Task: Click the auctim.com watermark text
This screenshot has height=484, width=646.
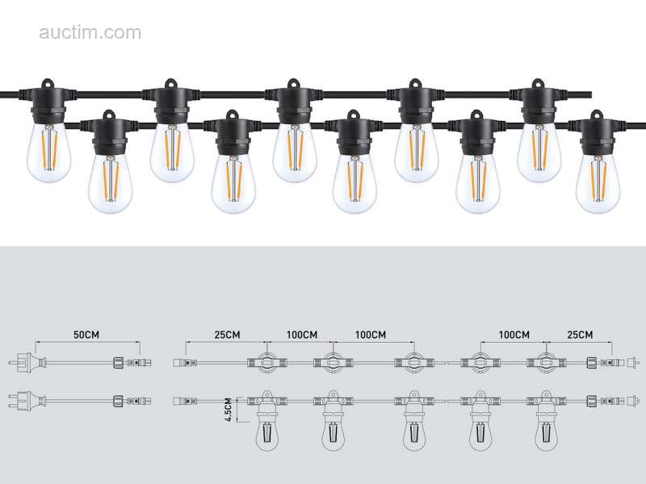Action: (x=90, y=32)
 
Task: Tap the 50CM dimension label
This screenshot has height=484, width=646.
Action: (x=86, y=335)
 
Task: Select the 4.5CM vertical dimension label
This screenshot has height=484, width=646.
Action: (x=229, y=410)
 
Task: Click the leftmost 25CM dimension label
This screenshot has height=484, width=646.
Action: (x=227, y=335)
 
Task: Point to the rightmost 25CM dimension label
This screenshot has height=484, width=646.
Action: (x=580, y=335)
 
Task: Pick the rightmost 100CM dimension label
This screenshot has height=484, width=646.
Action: (x=514, y=335)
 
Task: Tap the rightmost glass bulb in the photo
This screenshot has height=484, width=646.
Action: (x=598, y=183)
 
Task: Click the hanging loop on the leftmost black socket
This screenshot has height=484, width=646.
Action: (x=48, y=84)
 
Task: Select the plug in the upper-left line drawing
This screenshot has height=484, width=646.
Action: (x=27, y=363)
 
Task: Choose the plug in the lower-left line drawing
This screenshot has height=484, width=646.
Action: (x=27, y=400)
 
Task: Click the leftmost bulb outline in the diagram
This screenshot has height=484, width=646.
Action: (x=267, y=430)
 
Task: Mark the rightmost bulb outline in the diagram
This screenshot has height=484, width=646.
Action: (x=546, y=430)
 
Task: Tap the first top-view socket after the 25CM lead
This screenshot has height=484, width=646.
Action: (x=267, y=362)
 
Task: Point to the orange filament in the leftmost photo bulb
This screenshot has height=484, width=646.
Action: (x=48, y=148)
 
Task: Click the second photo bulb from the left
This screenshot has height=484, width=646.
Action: (x=110, y=183)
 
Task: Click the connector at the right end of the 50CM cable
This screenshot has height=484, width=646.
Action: (x=132, y=363)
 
